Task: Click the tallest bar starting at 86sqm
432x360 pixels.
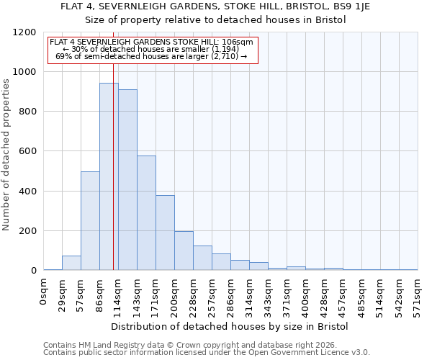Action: [x=109, y=176]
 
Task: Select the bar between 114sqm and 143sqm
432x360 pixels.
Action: [x=127, y=180]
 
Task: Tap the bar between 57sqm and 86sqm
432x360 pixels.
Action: [x=90, y=221]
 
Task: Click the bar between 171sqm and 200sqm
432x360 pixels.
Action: [x=165, y=233]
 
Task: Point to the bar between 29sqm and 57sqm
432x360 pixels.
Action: [x=71, y=263]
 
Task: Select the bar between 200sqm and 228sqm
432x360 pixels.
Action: [x=184, y=251]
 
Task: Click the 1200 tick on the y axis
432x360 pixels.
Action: [x=25, y=32]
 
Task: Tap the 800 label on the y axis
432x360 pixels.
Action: [x=27, y=112]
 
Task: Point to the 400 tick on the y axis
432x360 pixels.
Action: [x=27, y=192]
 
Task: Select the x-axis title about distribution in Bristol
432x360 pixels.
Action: [x=230, y=326]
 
